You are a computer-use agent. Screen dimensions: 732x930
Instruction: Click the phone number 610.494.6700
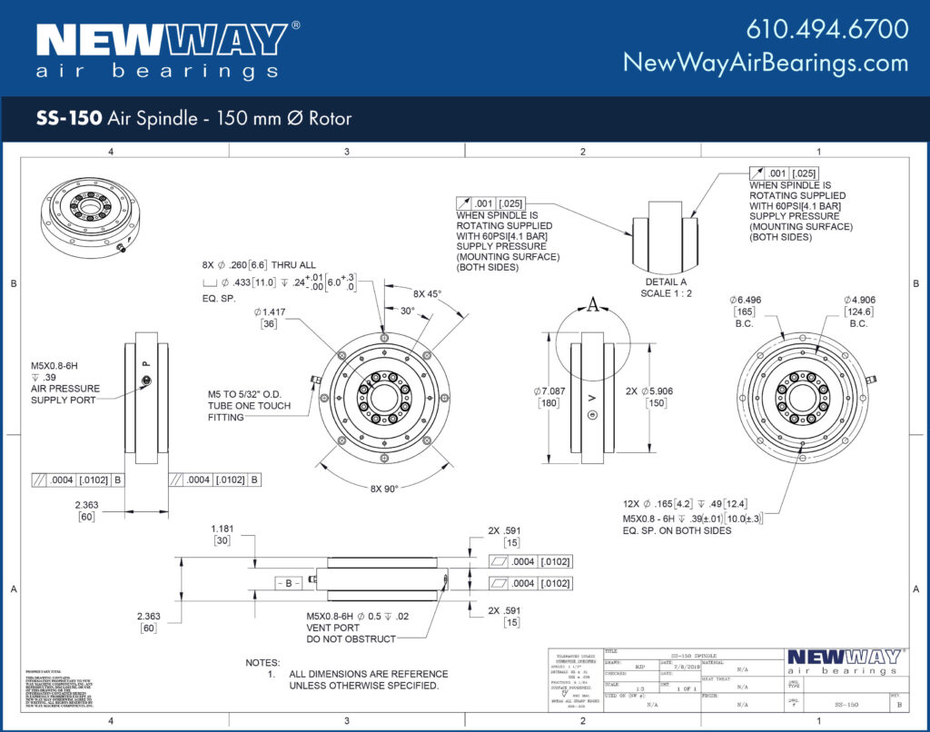(826, 29)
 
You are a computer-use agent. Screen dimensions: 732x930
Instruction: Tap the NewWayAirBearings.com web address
(765, 63)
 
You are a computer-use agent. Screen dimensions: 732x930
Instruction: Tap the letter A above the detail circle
(593, 306)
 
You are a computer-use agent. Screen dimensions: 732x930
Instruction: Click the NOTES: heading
(262, 663)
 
